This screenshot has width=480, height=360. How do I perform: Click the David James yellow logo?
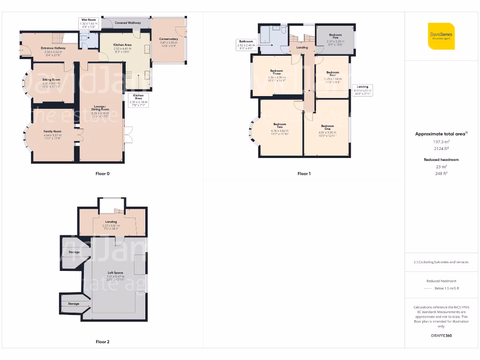(441, 36)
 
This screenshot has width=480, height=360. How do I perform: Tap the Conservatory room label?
(168, 39)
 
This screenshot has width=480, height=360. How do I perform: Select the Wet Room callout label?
(88, 20)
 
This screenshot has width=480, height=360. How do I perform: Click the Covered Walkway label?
(127, 22)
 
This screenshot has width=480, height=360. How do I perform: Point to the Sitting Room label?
(51, 80)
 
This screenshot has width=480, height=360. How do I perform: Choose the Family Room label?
(52, 131)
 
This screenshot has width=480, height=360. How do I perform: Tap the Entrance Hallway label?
(53, 48)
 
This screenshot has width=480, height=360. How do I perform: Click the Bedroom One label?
(328, 127)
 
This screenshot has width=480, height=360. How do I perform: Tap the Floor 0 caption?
(103, 173)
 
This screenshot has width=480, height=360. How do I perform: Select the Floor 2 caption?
(103, 342)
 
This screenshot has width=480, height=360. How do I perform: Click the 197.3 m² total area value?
(441, 141)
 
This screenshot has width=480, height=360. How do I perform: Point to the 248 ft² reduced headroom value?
(441, 173)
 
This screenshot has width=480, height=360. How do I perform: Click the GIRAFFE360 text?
(441, 336)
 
